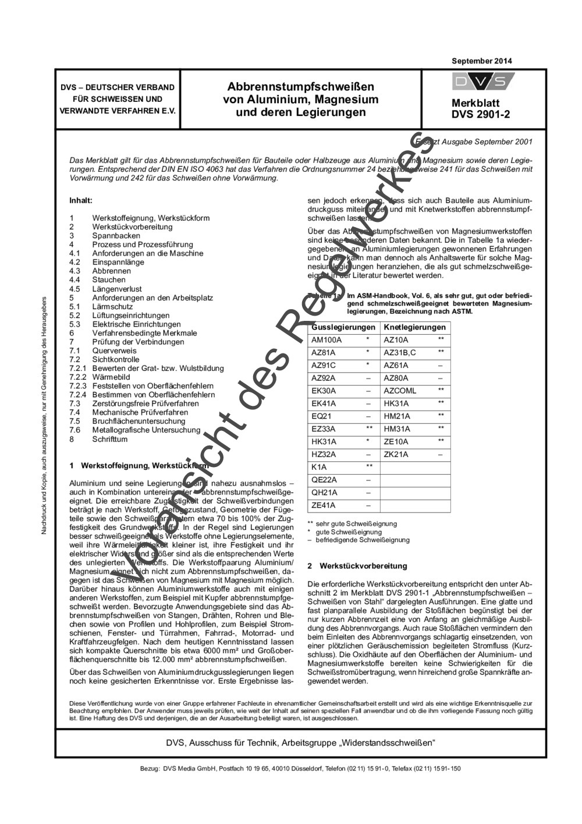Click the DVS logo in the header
pos(482,82)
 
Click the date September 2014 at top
pos(481,61)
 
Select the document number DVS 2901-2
pos(481,114)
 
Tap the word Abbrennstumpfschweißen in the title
pos(300,87)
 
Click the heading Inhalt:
pos(81,200)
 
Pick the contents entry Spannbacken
pos(116,236)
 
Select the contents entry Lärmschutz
pos(112,306)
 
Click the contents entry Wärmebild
pos(111,377)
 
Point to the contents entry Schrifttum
pos(109,439)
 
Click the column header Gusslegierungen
pos(343,327)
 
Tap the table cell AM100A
pos(327,340)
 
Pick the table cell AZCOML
pos(400,391)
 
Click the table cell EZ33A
pos(324,429)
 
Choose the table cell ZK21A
pos(396,454)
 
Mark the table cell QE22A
pos(324,480)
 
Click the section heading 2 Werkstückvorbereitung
pos(357,566)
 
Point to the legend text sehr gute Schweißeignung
pos(356,524)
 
